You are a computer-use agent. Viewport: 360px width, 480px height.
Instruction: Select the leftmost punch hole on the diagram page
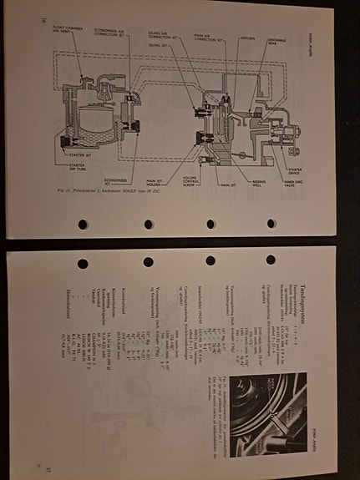pos(83,224)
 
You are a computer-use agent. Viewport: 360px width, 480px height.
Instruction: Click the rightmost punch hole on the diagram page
pos(271,224)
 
